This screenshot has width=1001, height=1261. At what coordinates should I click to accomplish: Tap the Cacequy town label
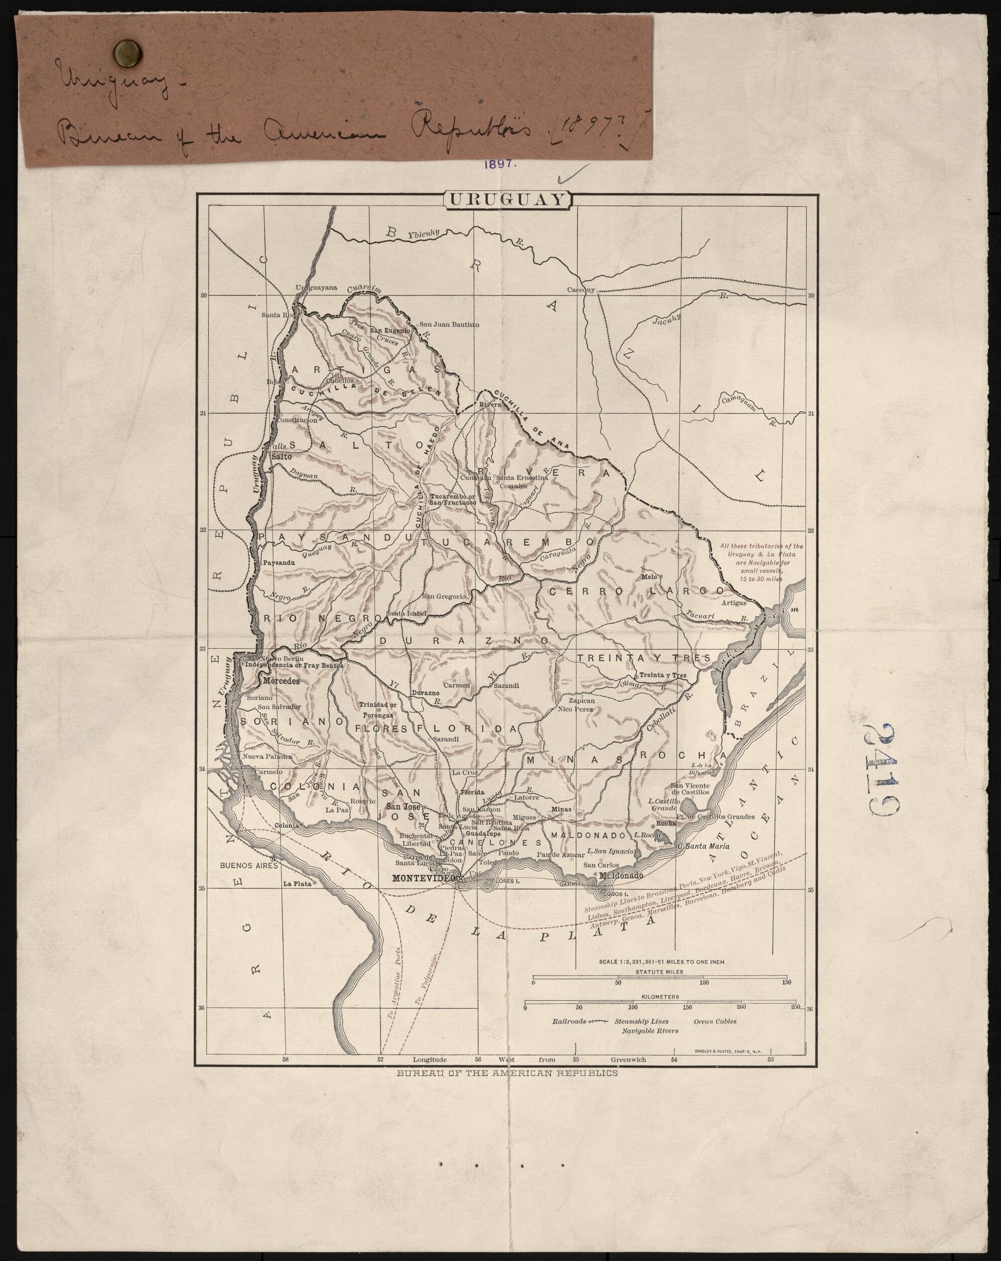pos(580,290)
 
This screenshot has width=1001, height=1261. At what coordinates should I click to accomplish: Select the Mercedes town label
pos(282,682)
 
